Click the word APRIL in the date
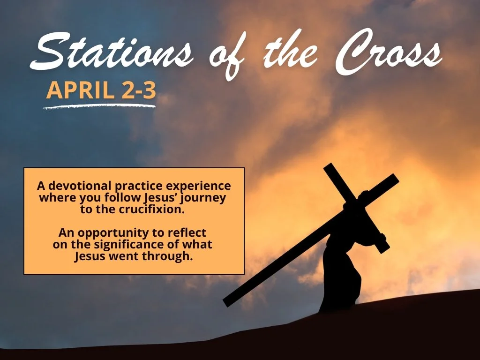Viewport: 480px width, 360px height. click(x=79, y=90)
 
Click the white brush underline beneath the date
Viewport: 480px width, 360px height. click(x=99, y=106)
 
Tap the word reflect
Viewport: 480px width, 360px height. click(x=189, y=232)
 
